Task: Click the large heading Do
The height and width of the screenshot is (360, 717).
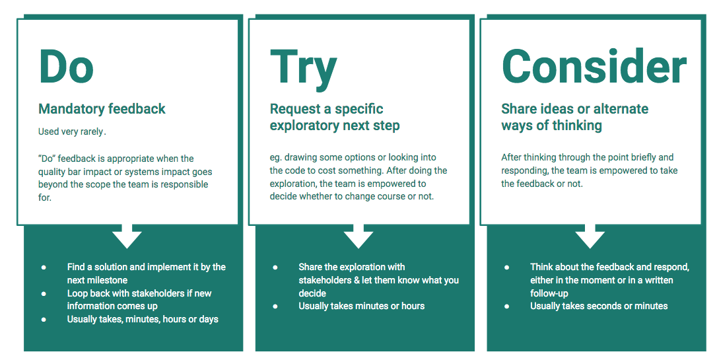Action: point(66,67)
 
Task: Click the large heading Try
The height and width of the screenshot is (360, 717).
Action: point(303,69)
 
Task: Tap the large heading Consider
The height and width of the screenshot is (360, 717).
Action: point(594,67)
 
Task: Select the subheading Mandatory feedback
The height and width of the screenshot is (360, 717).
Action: point(102,109)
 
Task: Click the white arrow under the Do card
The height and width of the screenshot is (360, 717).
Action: point(127,236)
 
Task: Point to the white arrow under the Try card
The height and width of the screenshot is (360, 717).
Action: point(358,236)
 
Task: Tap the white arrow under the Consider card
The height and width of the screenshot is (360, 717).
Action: point(590,236)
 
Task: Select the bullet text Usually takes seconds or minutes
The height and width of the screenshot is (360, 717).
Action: point(599,306)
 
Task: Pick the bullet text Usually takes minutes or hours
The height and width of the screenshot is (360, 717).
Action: point(361,306)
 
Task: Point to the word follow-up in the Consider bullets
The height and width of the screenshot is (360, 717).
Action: point(549,293)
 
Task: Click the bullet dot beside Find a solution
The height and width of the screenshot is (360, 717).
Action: point(44,268)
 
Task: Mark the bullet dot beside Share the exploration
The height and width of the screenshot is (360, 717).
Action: point(275,268)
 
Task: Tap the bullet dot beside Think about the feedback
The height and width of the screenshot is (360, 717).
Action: point(507,268)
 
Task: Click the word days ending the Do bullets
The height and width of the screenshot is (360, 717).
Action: point(207,319)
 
